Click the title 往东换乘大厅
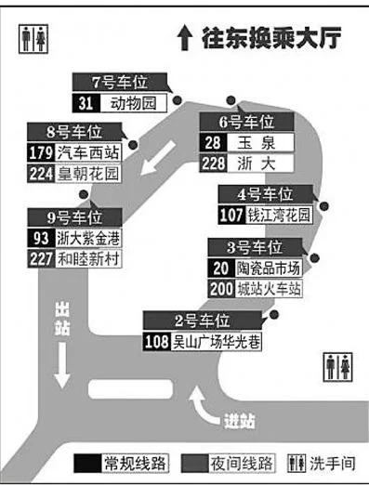(x=264, y=38)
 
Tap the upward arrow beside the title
(x=184, y=38)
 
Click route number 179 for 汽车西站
(x=41, y=152)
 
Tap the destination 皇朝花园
(x=88, y=172)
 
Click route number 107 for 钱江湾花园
(x=231, y=216)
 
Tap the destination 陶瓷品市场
(x=269, y=268)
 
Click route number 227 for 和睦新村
(x=41, y=259)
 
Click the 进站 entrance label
(x=239, y=421)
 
